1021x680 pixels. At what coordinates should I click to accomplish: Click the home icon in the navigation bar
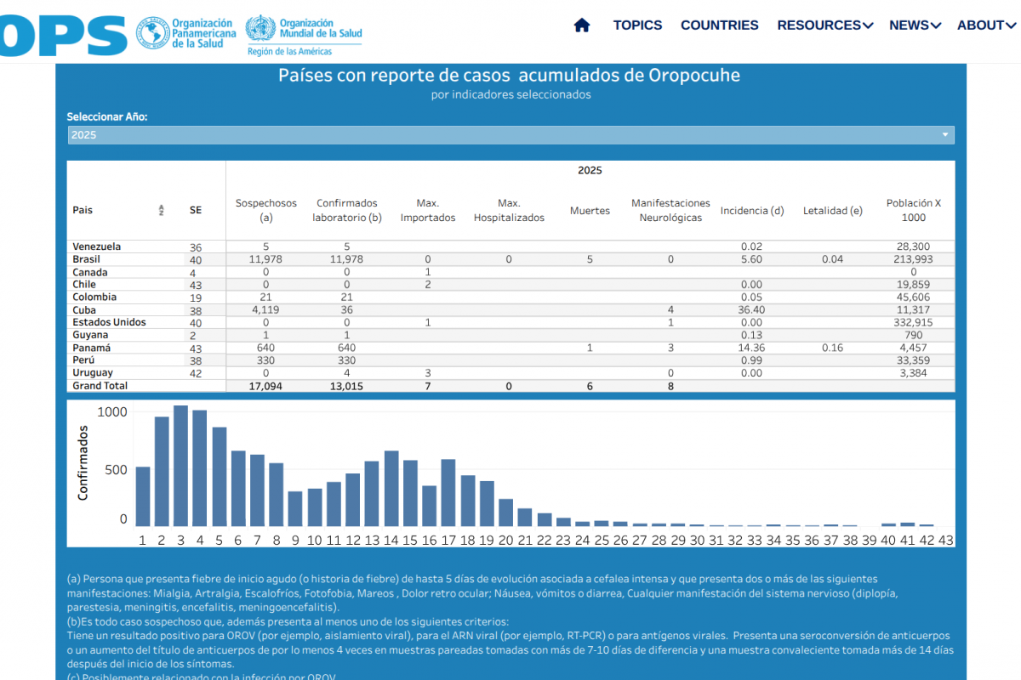point(582,25)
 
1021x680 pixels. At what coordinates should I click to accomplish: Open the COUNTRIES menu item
point(719,25)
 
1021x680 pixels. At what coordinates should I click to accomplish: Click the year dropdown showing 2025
point(510,135)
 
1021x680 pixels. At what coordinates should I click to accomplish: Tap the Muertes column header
point(590,211)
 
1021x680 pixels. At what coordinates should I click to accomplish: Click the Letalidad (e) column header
point(832,211)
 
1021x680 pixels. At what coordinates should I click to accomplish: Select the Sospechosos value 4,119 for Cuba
point(266,310)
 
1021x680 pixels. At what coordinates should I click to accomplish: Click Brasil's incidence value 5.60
point(751,259)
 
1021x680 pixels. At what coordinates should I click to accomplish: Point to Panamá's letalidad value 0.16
point(832,348)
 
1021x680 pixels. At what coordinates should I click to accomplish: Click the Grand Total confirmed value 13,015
point(346,386)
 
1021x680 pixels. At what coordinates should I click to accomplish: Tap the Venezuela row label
point(96,246)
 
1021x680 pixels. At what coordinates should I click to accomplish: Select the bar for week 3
point(180,466)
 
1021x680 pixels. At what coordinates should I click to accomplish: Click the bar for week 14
point(391,489)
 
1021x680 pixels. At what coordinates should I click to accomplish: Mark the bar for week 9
point(295,508)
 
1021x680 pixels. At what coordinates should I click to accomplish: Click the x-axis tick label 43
point(945,540)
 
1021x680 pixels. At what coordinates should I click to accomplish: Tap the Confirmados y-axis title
point(83,462)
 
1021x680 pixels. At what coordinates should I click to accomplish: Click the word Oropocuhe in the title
point(694,75)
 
